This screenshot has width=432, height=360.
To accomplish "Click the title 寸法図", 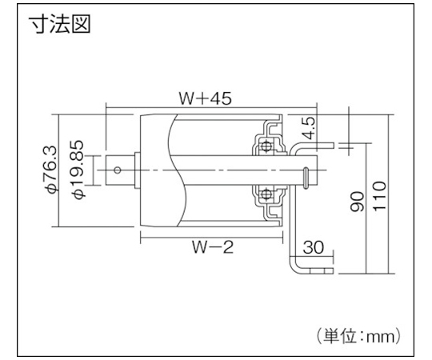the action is click(x=60, y=24).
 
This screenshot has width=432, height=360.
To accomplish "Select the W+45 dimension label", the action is click(x=206, y=98).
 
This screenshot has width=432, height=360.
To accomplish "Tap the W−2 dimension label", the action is click(x=213, y=246).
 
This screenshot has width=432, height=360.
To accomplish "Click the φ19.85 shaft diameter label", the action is click(x=78, y=169).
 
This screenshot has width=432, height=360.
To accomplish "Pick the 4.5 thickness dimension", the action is click(x=308, y=128).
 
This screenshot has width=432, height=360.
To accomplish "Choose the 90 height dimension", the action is click(x=357, y=202).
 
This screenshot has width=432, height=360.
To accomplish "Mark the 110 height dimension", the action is click(x=379, y=196).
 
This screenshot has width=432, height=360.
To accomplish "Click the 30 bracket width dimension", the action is click(x=314, y=247).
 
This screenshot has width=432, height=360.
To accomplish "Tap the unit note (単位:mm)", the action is click(x=358, y=336).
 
